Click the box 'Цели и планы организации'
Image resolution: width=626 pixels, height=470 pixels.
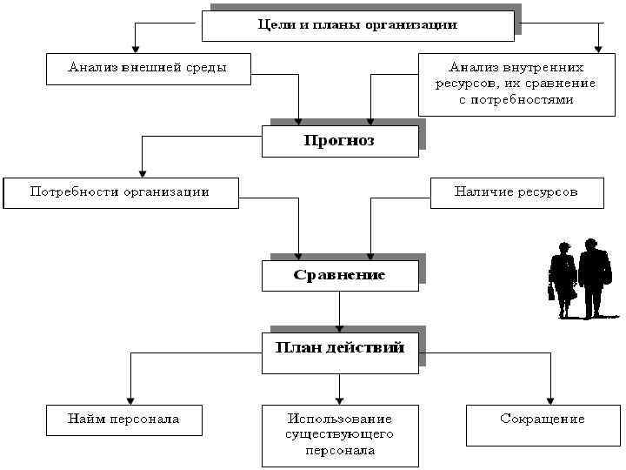pos(357,25)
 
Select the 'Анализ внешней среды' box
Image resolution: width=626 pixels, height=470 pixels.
pos(148,68)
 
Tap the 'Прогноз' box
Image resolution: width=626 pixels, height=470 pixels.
pos(339,141)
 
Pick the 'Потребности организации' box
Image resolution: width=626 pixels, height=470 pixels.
pos(120,192)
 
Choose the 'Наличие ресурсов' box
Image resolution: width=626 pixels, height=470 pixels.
pos(516,192)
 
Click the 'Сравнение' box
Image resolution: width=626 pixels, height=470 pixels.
pos(339,275)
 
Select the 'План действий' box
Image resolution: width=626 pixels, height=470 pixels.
pos(339,348)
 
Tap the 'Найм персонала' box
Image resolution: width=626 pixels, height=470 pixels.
pos(123,420)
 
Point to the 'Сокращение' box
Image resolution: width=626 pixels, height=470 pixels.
pos(543,420)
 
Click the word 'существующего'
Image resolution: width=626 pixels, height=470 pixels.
pos(340,434)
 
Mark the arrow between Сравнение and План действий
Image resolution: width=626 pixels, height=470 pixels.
pos(339,310)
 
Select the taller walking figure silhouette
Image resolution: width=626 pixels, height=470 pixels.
pos(594,277)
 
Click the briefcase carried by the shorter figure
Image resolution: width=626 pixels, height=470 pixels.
pos(551,292)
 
